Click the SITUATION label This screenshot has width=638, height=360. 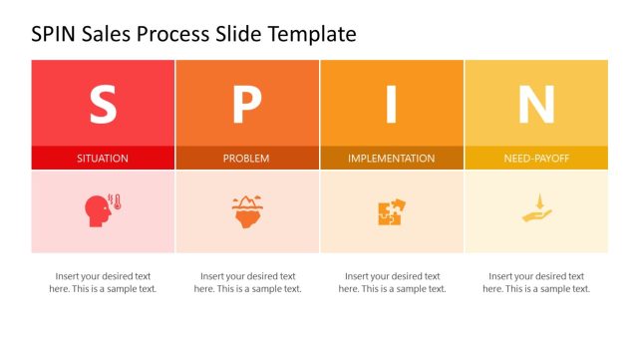click(x=103, y=159)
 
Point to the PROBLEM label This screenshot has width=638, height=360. click(x=246, y=159)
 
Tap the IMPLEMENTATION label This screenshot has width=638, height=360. click(x=392, y=159)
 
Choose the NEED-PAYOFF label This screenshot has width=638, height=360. click(x=536, y=159)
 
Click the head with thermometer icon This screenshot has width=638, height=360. click(x=100, y=210)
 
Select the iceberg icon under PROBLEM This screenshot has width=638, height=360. click(x=246, y=211)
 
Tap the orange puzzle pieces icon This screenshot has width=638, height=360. click(x=392, y=211)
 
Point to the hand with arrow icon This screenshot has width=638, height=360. click(x=536, y=211)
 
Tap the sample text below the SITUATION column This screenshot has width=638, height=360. click(x=103, y=282)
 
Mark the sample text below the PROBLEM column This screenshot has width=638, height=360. click(x=247, y=282)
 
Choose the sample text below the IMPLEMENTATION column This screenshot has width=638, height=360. click(x=392, y=282)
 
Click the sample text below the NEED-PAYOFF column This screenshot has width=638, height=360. click(x=536, y=282)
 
